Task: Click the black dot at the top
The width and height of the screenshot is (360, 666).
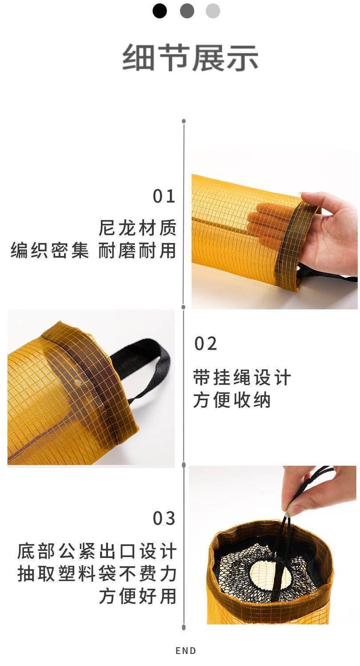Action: point(160,11)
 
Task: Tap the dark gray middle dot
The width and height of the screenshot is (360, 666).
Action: point(187,11)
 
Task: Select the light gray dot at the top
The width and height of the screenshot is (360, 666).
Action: point(213,11)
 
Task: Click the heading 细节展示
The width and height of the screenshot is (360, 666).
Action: point(190,58)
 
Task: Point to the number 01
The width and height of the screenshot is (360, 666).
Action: point(164,196)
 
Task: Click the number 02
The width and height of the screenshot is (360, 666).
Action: point(205,344)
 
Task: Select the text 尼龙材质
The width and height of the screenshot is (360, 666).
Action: point(137,228)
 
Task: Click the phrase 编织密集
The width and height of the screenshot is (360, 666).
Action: point(50,250)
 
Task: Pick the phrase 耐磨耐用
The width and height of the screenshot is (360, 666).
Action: point(137,250)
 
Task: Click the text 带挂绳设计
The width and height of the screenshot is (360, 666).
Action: point(242,378)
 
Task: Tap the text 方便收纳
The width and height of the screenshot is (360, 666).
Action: point(232,400)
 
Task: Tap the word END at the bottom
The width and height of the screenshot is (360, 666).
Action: point(186,651)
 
